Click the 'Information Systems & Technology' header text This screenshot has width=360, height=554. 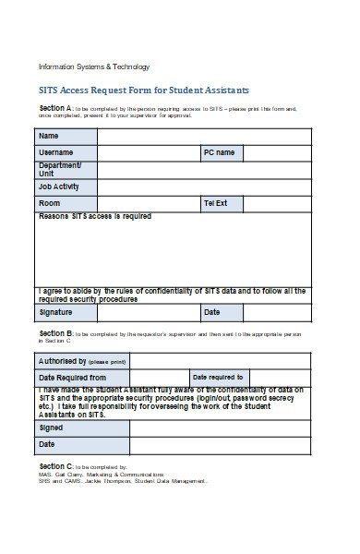tap(93, 67)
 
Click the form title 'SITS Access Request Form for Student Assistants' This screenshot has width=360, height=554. tap(143, 90)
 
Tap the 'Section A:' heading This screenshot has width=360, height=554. tap(53, 108)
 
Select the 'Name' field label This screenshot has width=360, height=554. tap(48, 137)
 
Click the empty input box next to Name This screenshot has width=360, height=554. tap(203, 137)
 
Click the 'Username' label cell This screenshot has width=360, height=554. tap(55, 152)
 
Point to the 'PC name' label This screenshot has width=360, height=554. tap(219, 152)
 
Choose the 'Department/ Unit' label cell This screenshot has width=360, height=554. tap(59, 169)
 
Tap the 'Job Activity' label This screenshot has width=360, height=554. tap(59, 187)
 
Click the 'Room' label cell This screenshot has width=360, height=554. tap(49, 203)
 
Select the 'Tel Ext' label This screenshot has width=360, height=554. tap(215, 203)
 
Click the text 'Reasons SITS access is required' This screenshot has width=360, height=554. tap(94, 217)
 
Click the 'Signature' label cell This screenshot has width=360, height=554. tap(56, 312)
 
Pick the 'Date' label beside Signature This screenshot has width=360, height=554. tap(211, 312)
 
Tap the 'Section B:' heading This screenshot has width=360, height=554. tap(54, 332)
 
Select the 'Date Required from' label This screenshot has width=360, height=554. tap(72, 378)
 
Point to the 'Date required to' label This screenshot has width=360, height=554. tap(218, 378)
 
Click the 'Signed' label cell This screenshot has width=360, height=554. tap(51, 428)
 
